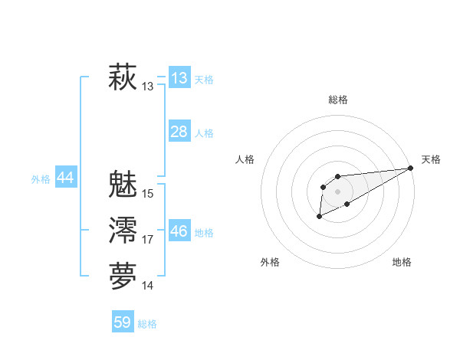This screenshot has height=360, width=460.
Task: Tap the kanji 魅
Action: pos(123,185)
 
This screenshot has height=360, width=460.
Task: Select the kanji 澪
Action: pos(123,231)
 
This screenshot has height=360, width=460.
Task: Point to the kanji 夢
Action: pos(123,277)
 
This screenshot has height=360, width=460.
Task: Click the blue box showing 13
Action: pos(179,78)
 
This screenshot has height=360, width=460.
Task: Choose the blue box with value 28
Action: pos(179,132)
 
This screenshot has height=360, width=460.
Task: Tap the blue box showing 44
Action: pos(65,178)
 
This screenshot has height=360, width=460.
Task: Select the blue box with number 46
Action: pos(179,231)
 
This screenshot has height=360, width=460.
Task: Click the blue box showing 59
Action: pos(123,322)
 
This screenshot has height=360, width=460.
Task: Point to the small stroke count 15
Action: pos(148,194)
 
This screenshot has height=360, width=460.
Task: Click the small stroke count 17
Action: pos(148,240)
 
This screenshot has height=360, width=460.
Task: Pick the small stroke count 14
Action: pos(148,286)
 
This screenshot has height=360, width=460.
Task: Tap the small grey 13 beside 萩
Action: pos(148,87)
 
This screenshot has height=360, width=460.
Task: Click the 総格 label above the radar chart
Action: pos(337,100)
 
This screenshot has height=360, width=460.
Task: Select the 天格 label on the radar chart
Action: pos(431,159)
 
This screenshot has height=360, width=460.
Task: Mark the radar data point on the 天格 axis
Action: pos(411,168)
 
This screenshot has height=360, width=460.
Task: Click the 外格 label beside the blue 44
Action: pos(41,179)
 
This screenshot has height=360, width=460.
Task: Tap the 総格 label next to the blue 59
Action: pos(147,324)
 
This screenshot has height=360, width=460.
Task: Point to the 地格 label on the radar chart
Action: pos(402,262)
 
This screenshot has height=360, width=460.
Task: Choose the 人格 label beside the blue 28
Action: pos(204,133)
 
